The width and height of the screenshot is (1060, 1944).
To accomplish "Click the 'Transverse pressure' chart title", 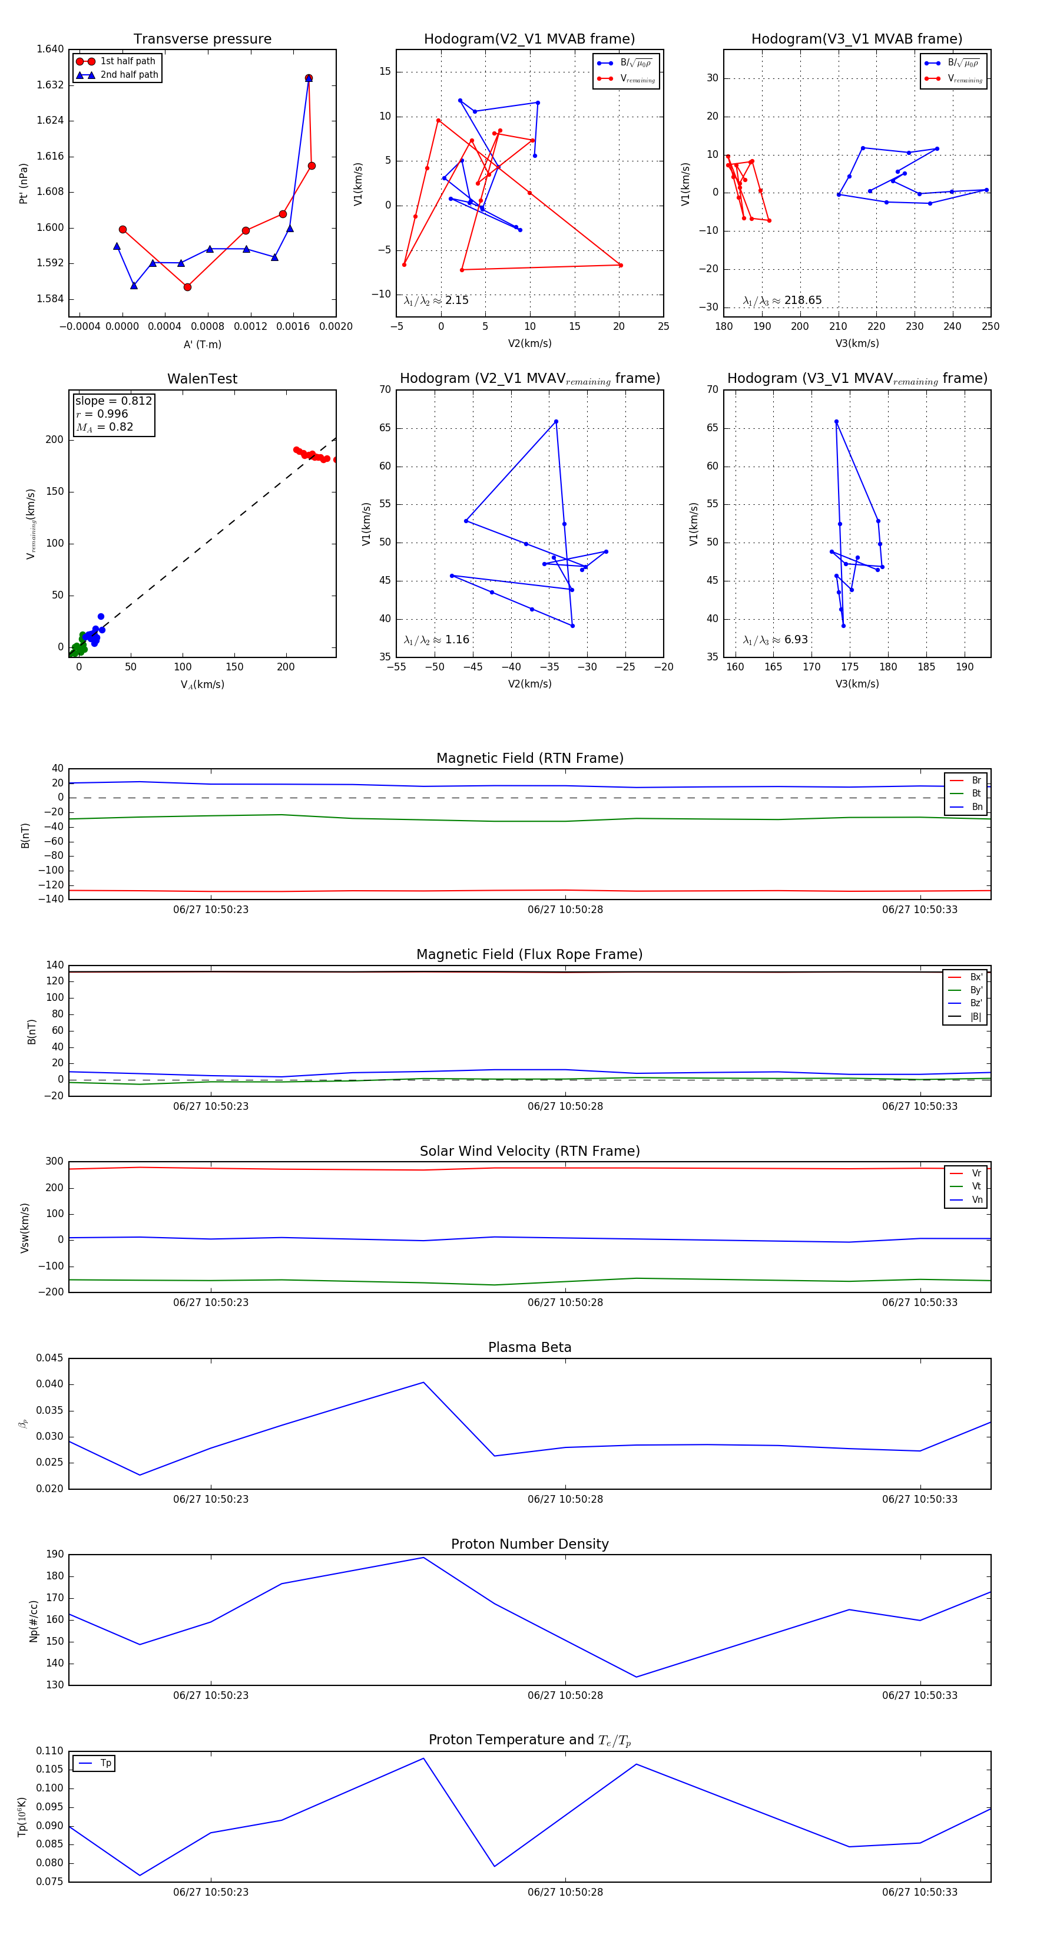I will click(202, 39).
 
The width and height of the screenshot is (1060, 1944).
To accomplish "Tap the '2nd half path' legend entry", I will click(129, 75).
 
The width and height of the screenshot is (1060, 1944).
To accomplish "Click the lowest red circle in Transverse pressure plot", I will click(187, 287).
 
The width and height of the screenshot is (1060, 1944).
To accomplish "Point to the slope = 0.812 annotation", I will click(113, 401).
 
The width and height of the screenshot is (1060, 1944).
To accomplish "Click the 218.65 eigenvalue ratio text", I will click(802, 300).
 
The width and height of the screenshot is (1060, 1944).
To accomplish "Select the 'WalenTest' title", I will click(202, 379).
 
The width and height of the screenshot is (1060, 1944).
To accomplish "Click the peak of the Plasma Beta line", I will click(423, 1383).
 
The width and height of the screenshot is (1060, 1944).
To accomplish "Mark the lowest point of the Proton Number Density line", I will click(636, 1677).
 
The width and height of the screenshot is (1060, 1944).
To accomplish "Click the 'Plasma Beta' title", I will click(529, 1347).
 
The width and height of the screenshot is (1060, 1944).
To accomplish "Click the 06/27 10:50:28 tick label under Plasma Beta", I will click(565, 1499).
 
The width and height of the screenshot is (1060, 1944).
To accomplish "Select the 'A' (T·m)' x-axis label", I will click(202, 344).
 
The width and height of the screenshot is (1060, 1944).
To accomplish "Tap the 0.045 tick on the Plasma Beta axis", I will click(50, 1358).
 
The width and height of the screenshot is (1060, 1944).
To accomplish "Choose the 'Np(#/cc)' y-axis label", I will click(33, 1621).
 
